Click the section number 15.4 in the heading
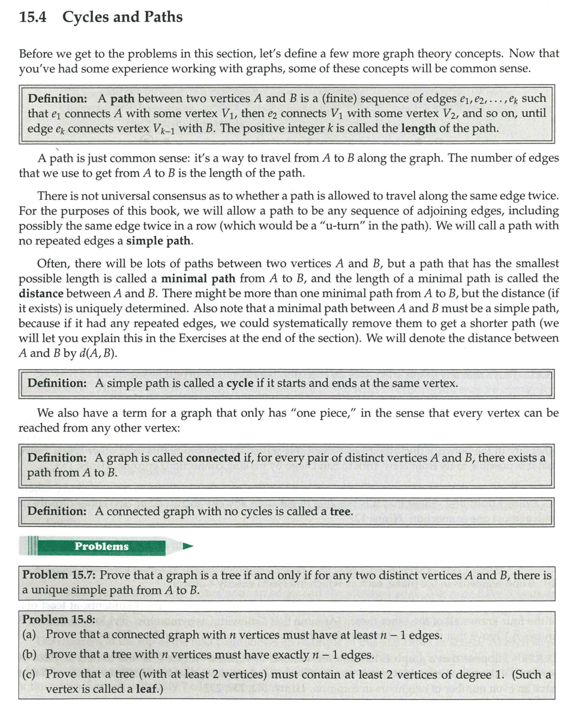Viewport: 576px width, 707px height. click(34, 17)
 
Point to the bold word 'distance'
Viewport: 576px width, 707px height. click(41, 293)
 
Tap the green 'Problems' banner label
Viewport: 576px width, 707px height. click(101, 546)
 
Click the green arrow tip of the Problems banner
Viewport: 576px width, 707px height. click(188, 546)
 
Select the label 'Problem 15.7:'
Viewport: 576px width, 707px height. click(59, 576)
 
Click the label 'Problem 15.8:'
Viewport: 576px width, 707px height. click(59, 619)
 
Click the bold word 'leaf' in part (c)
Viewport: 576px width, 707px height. click(145, 689)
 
